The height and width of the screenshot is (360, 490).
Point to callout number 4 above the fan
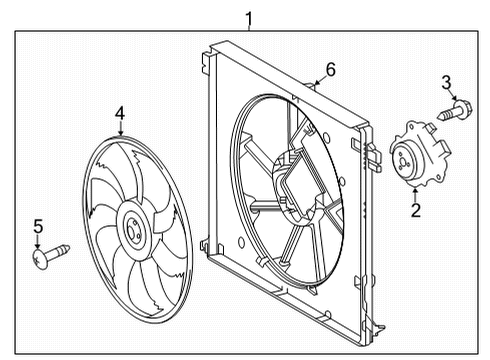tap(119, 114)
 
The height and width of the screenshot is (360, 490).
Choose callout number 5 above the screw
tap(38, 227)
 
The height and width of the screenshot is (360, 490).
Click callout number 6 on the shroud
tap(331, 70)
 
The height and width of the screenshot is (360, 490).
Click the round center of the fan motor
tap(408, 157)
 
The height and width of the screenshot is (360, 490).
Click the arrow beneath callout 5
tap(38, 242)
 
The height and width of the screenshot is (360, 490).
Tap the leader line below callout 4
tap(119, 131)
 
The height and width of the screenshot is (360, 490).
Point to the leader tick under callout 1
tap(250, 28)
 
